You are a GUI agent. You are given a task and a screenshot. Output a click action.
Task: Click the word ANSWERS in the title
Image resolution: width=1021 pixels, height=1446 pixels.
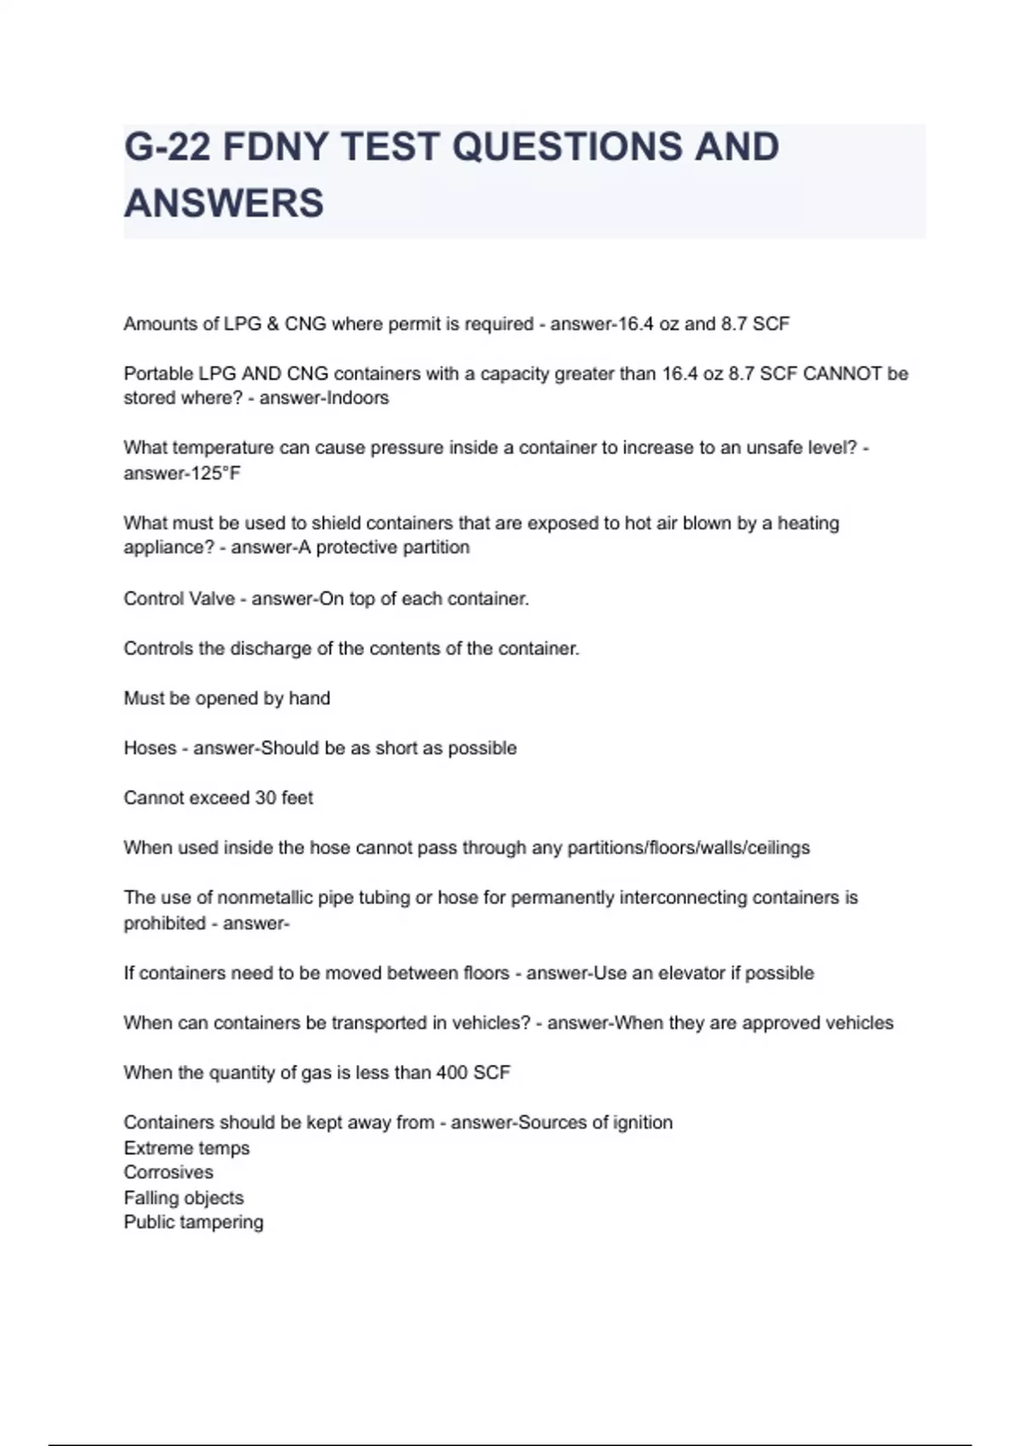coord(224,203)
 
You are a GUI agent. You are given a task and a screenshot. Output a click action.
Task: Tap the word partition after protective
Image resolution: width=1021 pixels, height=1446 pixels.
coord(436,547)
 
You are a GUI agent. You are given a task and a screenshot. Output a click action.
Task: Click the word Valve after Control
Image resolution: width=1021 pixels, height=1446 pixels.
coord(214,599)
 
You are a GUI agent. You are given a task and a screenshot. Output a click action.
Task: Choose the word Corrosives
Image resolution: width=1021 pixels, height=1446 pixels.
coord(168,1172)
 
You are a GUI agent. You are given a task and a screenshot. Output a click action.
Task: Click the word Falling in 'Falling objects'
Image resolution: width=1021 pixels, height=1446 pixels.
coord(150,1198)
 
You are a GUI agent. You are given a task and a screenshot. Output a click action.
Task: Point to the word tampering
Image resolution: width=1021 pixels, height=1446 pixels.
coord(225,1222)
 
